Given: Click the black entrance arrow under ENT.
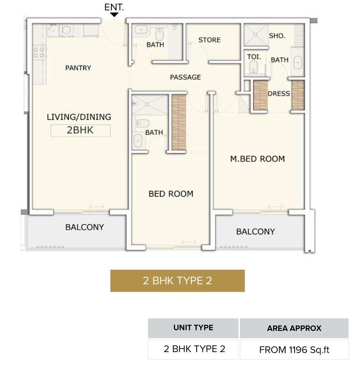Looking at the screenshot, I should [x=114, y=15].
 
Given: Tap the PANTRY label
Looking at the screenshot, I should [x=78, y=68].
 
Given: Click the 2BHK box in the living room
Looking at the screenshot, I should [x=80, y=131].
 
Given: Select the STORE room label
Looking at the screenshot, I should [x=209, y=40].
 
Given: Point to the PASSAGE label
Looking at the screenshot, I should [x=185, y=77].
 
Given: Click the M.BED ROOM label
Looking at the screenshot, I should [x=257, y=159].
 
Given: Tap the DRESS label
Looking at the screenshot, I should [x=278, y=94].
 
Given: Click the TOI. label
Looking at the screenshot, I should [x=254, y=58].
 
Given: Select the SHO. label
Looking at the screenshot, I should [x=277, y=36].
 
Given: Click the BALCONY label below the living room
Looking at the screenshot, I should [x=84, y=227].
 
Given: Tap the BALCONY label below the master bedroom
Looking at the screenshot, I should [x=255, y=232].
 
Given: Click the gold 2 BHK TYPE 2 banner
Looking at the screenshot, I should [x=177, y=281].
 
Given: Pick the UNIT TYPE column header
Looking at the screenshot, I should [x=193, y=328].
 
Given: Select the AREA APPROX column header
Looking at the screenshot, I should [x=294, y=328].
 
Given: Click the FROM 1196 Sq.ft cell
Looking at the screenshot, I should [x=294, y=349].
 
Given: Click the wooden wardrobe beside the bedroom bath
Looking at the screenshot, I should [x=179, y=123].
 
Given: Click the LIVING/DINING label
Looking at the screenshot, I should [x=79, y=117].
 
